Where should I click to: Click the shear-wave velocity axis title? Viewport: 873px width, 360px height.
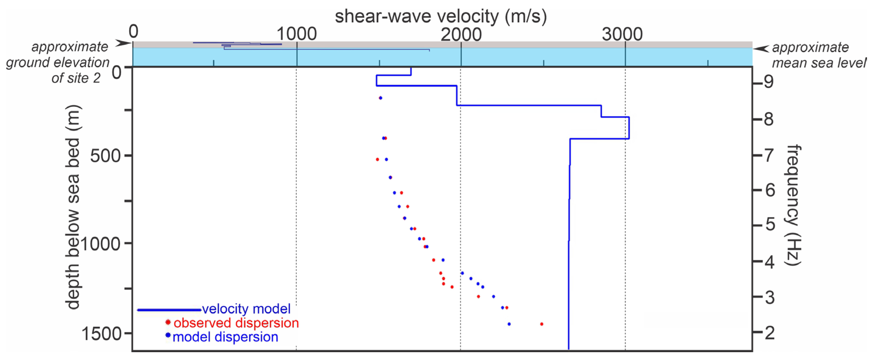tap(441, 16)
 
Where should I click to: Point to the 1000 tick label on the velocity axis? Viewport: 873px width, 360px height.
tap(297, 34)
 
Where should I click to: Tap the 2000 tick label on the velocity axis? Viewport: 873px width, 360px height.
tap(461, 34)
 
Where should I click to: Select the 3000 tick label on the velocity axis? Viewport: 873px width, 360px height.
tap(622, 34)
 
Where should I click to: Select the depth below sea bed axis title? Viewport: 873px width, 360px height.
tap(73, 207)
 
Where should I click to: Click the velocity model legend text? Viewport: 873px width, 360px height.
tap(246, 309)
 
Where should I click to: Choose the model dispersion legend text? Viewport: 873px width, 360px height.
tap(225, 337)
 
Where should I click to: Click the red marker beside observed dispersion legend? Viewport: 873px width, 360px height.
tap(168, 322)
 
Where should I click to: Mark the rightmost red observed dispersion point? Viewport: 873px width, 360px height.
tap(542, 324)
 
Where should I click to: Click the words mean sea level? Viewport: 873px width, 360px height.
tap(819, 63)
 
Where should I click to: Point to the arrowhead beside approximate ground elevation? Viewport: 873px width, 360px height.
tap(122, 43)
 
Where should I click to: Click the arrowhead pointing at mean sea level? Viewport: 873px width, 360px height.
tap(761, 49)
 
